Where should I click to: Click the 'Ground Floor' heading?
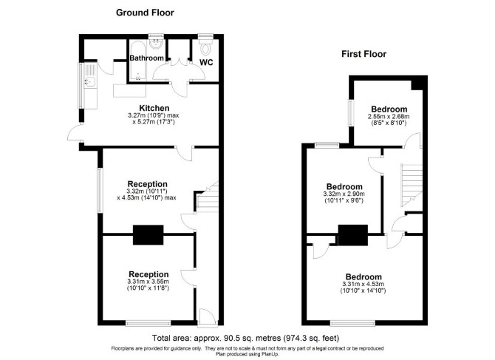tap(145, 13)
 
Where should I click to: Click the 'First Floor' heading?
tap(363, 54)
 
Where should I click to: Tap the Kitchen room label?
tap(154, 108)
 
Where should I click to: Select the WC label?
tap(206, 62)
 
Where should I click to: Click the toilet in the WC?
tap(206, 47)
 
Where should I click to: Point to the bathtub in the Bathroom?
tap(138, 60)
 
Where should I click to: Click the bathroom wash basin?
tap(156, 44)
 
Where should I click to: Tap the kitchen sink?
tap(89, 82)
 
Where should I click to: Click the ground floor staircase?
tap(207, 197)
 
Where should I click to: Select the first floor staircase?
tap(412, 185)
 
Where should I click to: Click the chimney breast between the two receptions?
tap(148, 234)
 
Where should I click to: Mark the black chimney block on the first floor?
tap(353, 235)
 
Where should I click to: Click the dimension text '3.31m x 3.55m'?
tap(148, 282)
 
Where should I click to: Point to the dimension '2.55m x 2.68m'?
tap(389, 117)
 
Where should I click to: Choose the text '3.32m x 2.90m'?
tap(344, 194)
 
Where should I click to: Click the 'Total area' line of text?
tap(245, 339)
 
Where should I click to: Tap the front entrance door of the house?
tap(207, 316)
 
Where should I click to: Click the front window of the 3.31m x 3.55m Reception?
tap(148, 323)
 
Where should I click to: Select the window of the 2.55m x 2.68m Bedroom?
tap(351, 113)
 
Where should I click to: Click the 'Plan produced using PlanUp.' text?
tap(247, 354)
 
